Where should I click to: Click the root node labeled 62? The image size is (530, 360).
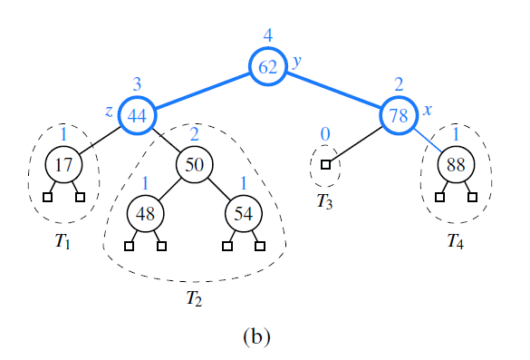coord(268,67)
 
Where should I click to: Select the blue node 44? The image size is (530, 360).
coord(138,116)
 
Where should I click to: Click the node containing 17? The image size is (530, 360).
coord(63,165)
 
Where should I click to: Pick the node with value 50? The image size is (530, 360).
coord(194,165)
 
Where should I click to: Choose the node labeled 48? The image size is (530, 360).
coord(145,214)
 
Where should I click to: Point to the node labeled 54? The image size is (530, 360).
coord(243,214)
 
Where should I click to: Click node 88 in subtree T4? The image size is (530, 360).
coord(455,165)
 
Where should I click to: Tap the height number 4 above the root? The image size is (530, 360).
coord(268,35)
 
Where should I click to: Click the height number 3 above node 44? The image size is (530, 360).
coord(138,84)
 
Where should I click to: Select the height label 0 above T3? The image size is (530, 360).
coord(325,134)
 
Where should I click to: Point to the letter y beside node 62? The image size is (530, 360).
coord(295,62)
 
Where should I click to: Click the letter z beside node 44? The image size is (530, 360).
coord(109,111)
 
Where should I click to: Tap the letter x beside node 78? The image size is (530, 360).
coord(427,110)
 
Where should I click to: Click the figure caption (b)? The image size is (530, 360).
coord(256,336)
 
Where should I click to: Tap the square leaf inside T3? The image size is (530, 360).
coord(325,165)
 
